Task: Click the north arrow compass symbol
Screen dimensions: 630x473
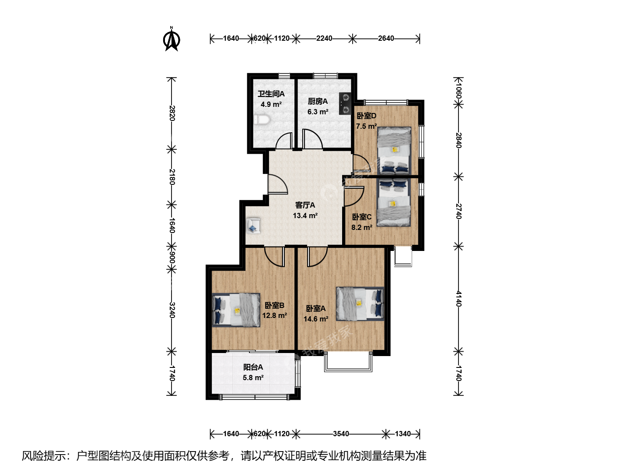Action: coord(171,39)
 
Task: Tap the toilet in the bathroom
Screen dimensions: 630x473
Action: coord(262,120)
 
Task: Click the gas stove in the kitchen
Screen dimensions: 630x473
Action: coord(345,103)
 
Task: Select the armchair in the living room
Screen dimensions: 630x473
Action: coord(253,226)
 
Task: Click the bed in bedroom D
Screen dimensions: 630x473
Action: coord(394,151)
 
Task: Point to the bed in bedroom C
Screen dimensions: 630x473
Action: coord(393,203)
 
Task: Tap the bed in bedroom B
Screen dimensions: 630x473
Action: coord(236,310)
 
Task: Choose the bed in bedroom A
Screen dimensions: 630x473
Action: coord(360,304)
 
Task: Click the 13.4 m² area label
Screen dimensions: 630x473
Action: coord(305,215)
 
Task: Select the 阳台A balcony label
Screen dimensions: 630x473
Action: coord(253,367)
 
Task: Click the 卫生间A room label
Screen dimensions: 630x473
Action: coord(271,94)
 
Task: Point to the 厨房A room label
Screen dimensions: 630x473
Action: coord(318,101)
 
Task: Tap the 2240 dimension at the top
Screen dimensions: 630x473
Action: coord(324,38)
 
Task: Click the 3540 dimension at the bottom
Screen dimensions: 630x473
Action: coord(341,434)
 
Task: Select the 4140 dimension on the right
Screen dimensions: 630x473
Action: coord(458,299)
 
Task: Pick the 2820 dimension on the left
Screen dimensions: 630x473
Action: coord(172,113)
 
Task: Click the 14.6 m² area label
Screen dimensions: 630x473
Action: coord(316,319)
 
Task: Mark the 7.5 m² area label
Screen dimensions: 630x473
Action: coord(367,126)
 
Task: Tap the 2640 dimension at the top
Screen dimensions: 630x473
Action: coord(386,38)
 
